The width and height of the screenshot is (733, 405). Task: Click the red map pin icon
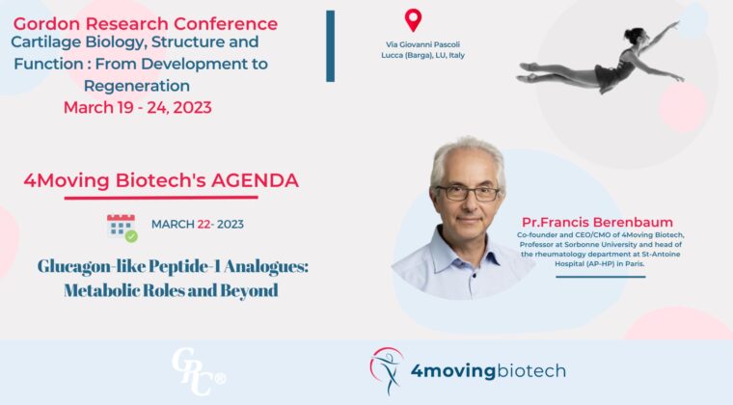point(413,20)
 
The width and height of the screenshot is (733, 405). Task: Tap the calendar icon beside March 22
point(122,228)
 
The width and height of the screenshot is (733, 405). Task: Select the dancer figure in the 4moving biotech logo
point(387,370)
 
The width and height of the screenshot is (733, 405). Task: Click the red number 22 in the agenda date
point(204,225)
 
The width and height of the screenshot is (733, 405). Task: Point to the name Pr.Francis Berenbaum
point(597,223)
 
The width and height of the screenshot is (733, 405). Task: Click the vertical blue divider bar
point(331,46)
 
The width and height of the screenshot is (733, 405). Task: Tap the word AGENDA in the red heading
point(255,180)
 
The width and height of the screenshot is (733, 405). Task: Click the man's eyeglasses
point(468,193)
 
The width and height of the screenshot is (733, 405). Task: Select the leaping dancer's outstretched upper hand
point(674,24)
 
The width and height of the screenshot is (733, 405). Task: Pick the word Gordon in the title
point(45,23)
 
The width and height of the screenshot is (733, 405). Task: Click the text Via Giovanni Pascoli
point(422,44)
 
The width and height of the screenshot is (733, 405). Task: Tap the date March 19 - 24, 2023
point(137,107)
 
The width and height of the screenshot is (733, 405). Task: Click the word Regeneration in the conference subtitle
point(137,86)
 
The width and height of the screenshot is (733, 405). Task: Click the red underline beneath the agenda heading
point(161,198)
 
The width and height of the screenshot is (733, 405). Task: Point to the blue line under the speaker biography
point(600,277)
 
